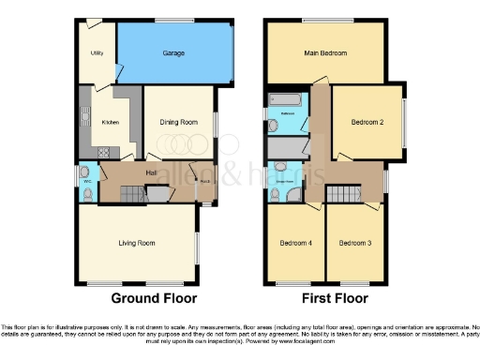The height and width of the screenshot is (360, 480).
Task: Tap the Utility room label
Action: tap(97, 53)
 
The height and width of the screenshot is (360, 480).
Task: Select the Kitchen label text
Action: tap(110, 122)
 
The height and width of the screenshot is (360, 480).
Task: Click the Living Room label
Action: tap(136, 243)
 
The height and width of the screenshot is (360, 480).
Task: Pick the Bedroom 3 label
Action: tap(355, 243)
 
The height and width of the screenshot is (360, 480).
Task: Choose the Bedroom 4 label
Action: tap(295, 243)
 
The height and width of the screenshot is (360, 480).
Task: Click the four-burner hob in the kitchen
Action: tap(104, 150)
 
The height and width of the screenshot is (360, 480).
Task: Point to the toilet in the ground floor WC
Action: tap(85, 194)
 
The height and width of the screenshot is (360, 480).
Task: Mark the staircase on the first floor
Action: tap(342, 193)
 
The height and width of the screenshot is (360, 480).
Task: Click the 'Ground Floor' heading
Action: tap(154, 299)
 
